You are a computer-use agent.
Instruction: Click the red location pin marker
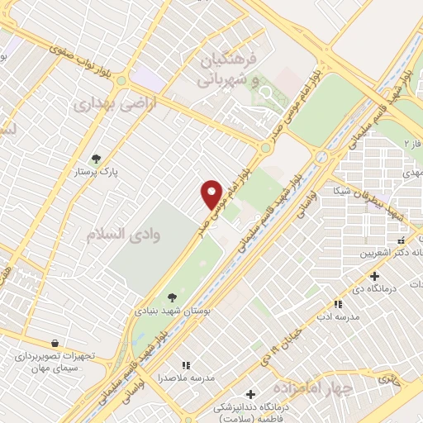(212, 192)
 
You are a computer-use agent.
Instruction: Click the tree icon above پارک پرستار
(97, 159)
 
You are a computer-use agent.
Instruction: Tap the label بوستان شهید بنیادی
(172, 312)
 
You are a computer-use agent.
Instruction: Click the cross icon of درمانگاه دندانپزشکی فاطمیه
(251, 393)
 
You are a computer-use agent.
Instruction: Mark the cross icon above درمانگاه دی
(375, 276)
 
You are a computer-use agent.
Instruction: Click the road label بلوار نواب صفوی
(71, 55)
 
